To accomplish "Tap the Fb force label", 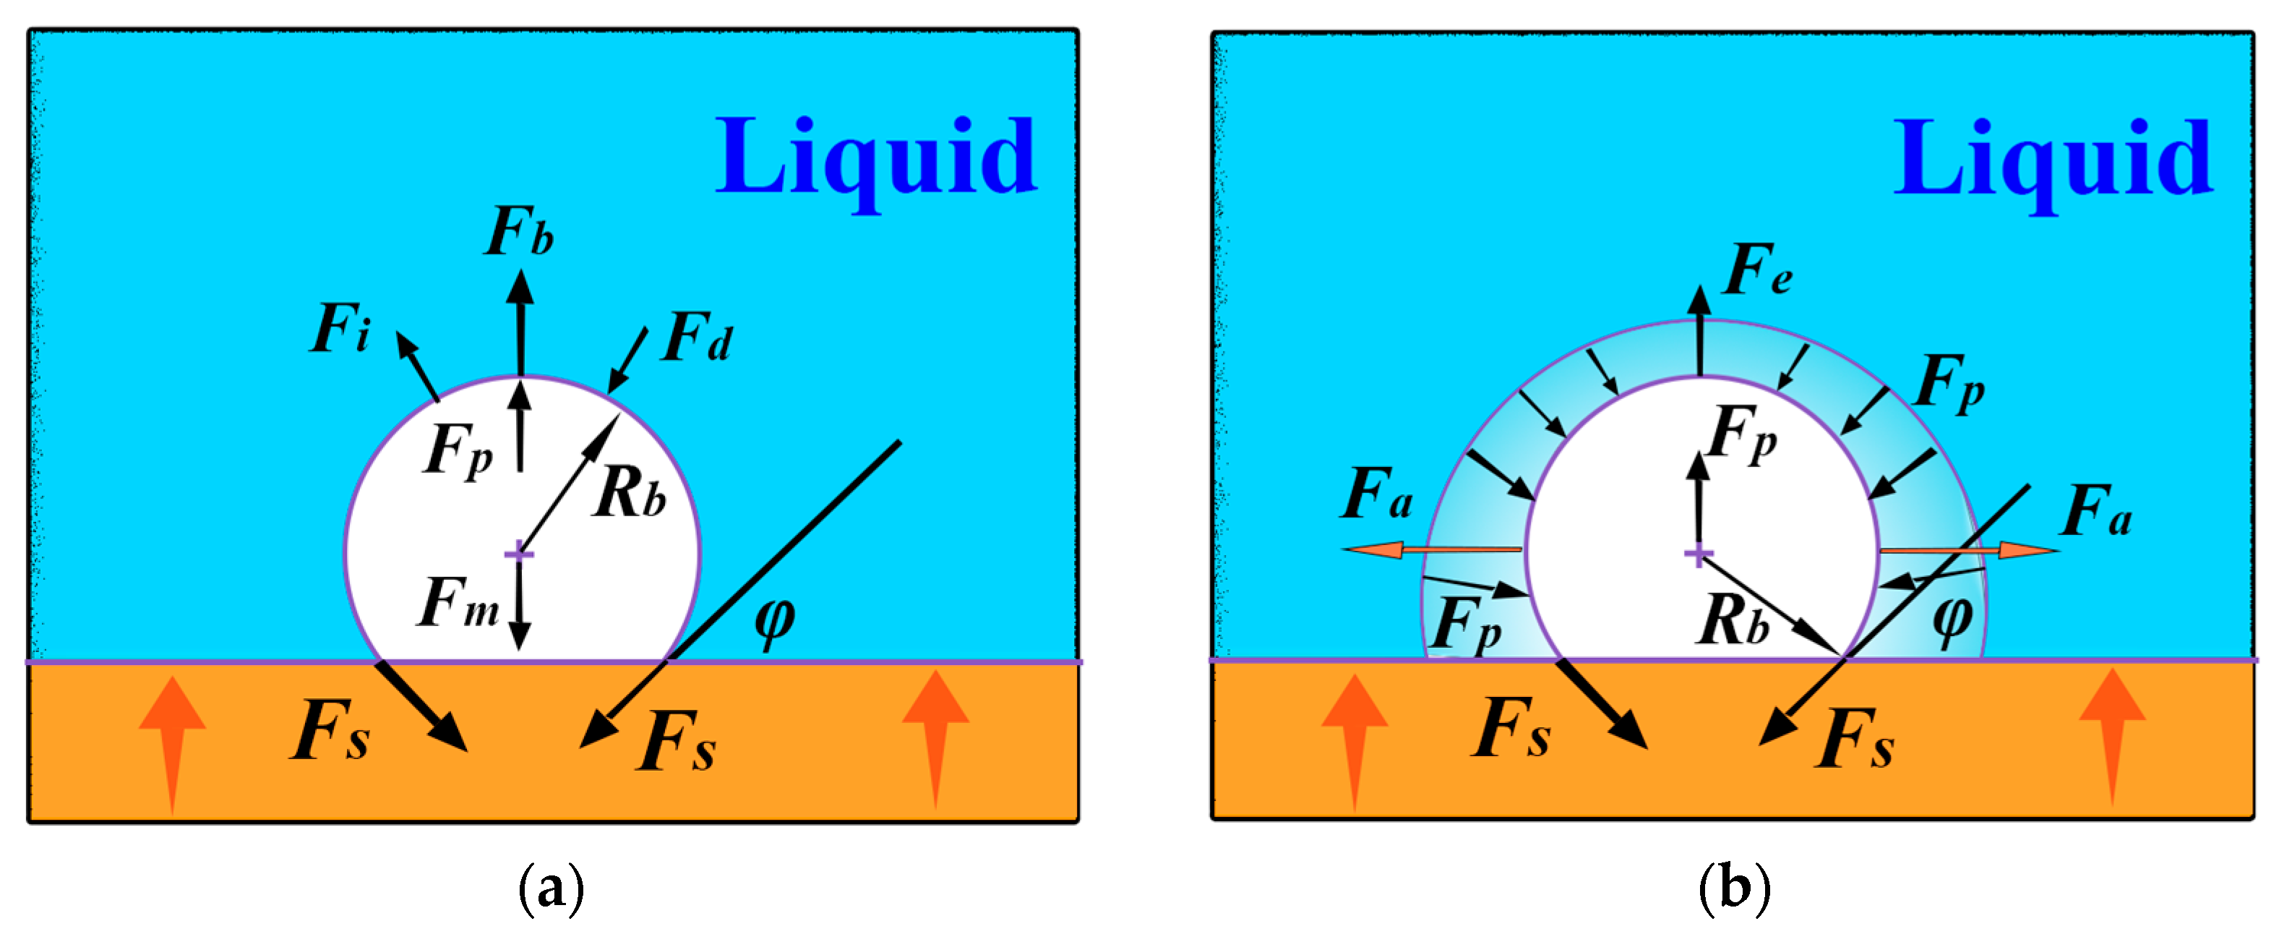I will coord(520,232).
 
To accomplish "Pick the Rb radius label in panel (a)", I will coord(630,492).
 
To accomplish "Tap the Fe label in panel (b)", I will coord(1759,270).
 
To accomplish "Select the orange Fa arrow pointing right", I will coord(1968,551).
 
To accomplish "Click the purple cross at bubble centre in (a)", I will coord(519,554).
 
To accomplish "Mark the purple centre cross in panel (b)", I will coord(1698,554).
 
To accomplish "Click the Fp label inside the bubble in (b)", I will coord(1742,434).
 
